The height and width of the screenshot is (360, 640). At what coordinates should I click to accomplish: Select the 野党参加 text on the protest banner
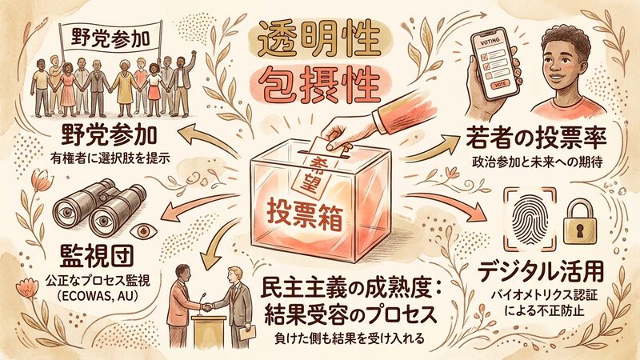[x=110, y=38]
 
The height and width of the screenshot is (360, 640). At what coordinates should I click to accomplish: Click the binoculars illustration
[x=100, y=208]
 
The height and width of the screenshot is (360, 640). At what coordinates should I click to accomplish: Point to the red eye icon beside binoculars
[x=143, y=231]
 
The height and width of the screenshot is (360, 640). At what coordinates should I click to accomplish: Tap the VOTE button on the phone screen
[x=499, y=85]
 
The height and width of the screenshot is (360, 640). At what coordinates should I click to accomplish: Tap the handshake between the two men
[x=208, y=306]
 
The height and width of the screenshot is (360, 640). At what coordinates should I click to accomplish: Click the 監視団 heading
[x=97, y=256]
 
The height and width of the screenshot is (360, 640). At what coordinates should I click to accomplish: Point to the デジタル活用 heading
[x=542, y=271]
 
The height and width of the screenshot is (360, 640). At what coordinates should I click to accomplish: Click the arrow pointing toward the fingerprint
[x=445, y=203]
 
